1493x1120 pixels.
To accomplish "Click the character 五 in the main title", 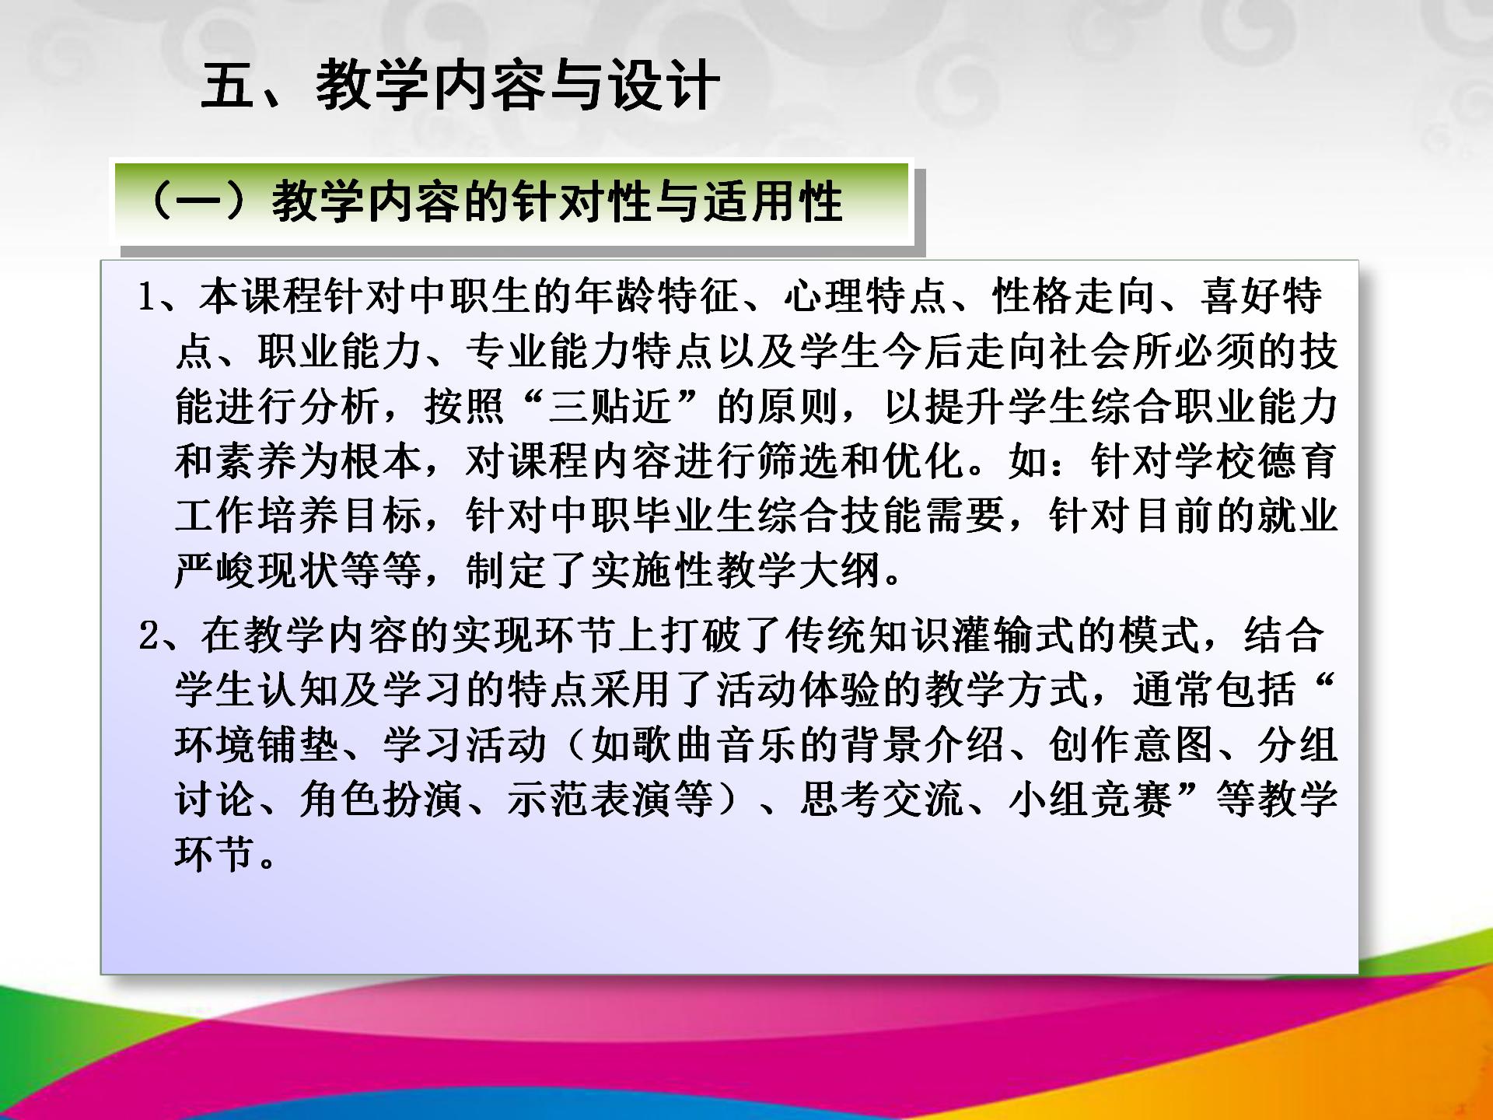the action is (x=228, y=85).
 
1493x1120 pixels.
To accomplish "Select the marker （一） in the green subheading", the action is (x=198, y=201).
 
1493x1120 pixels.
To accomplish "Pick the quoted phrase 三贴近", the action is (x=610, y=407).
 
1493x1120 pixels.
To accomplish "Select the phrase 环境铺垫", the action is (x=257, y=745).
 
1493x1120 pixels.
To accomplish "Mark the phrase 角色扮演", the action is (x=381, y=800).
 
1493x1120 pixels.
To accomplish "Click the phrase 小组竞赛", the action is (x=1089, y=800).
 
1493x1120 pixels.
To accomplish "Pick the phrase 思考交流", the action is (x=882, y=800).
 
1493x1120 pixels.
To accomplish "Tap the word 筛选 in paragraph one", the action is (x=797, y=461).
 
